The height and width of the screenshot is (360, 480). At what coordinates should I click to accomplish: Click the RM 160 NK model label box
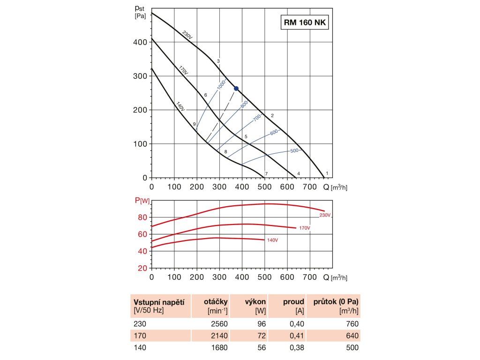[x=305, y=22]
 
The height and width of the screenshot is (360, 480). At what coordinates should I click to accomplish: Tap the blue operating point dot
[x=236, y=88]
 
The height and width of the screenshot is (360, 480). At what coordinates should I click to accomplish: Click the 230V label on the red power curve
[x=325, y=215]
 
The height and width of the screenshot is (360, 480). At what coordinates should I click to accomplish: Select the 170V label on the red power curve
[x=304, y=228]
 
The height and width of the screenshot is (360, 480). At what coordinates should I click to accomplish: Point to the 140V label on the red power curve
[x=272, y=240]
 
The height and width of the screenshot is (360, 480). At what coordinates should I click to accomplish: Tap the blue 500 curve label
[x=294, y=150]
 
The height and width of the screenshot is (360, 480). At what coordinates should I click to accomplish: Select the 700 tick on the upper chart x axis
[x=309, y=187]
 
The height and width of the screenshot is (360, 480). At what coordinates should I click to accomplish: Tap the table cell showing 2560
[x=218, y=324]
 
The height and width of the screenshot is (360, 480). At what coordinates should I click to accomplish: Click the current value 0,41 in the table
[x=296, y=336]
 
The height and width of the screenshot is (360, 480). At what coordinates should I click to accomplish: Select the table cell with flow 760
[x=352, y=324]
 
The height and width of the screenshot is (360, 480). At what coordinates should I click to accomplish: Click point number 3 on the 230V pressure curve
[x=218, y=61]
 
